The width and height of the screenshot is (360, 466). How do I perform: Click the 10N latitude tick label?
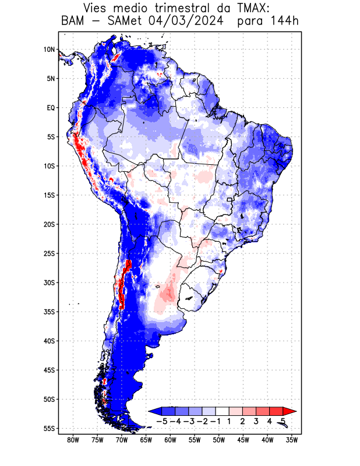click(49, 50)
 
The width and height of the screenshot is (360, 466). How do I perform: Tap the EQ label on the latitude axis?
click(51, 108)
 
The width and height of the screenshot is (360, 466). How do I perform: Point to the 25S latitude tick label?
click(49, 253)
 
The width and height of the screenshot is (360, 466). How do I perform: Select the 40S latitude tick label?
click(49, 341)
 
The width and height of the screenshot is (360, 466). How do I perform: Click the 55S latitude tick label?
click(49, 428)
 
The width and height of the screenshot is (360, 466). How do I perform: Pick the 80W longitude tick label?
click(73, 440)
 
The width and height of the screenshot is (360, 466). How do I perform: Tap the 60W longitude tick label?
click(170, 440)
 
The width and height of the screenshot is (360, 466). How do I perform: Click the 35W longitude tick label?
click(292, 440)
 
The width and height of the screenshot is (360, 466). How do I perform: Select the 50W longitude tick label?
click(219, 440)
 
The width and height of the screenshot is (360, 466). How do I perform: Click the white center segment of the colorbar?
click(223, 411)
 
